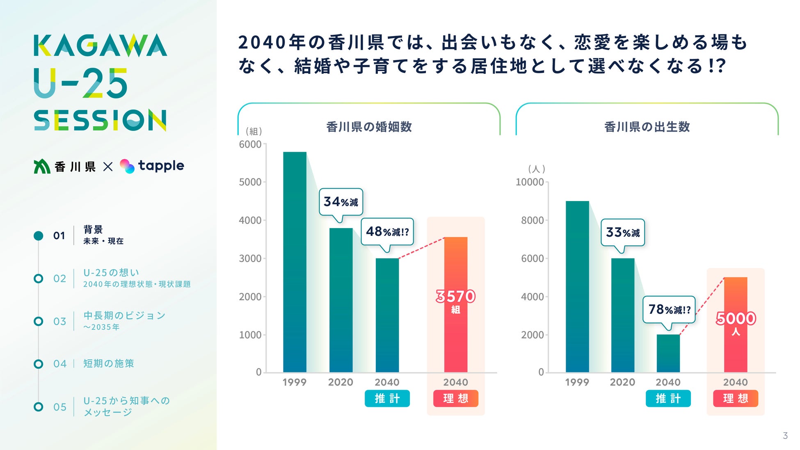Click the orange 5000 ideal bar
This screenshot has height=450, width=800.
coord(735,324)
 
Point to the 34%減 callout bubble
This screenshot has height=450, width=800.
coord(341,202)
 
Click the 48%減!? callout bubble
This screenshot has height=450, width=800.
coord(387,232)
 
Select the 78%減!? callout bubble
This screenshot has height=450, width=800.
coord(669,309)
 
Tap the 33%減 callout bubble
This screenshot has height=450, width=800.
coord(623,233)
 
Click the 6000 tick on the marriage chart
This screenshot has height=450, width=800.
coord(250,144)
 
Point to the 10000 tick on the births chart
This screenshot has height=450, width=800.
coord(530,182)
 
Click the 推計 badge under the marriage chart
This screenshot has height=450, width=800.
coord(387,398)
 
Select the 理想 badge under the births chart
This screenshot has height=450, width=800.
coord(735,398)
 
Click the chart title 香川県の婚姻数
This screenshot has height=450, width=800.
coord(369,127)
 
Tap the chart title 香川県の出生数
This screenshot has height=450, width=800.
coord(647,127)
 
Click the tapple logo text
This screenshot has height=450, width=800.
coord(161,166)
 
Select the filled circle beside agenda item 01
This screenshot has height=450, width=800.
coord(39,235)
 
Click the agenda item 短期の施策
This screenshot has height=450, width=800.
coord(109,363)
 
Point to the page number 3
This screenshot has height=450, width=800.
coord(785,436)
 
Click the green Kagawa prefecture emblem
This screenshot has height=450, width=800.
coord(42,166)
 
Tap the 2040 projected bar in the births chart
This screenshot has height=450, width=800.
coord(668,353)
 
